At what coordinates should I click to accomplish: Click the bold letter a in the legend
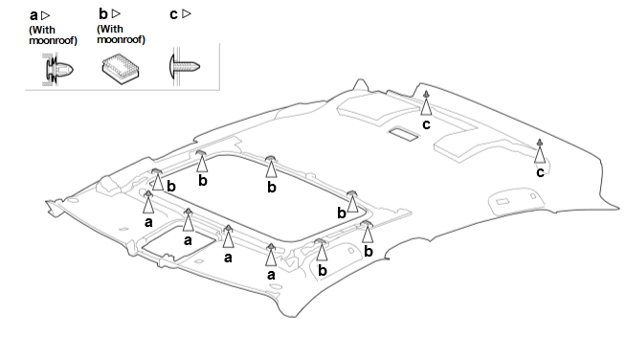(x=34, y=15)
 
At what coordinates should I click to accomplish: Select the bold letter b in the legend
(x=103, y=14)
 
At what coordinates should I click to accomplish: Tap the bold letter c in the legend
(x=173, y=14)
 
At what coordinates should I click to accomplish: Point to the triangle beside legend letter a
(x=46, y=15)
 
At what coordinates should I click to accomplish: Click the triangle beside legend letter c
(x=187, y=14)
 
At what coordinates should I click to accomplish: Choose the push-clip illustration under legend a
(x=58, y=70)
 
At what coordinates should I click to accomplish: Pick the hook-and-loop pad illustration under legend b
(x=121, y=68)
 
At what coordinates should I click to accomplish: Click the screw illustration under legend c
(x=185, y=66)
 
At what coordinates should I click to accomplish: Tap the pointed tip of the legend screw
(x=199, y=66)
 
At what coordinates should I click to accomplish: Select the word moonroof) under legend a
(x=54, y=41)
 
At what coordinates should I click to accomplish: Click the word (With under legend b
(x=110, y=29)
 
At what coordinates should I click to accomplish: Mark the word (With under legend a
(x=42, y=31)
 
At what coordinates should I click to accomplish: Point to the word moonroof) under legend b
(x=122, y=40)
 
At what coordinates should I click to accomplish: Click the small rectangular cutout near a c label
(x=404, y=134)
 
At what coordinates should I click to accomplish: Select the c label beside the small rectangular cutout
(x=426, y=124)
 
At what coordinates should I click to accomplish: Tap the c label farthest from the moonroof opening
(x=540, y=172)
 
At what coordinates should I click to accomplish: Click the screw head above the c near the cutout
(x=426, y=94)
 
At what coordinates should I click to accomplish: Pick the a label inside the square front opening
(x=188, y=240)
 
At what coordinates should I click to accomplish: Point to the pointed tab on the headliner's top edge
(x=360, y=84)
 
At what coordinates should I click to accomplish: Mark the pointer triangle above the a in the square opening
(x=188, y=222)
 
